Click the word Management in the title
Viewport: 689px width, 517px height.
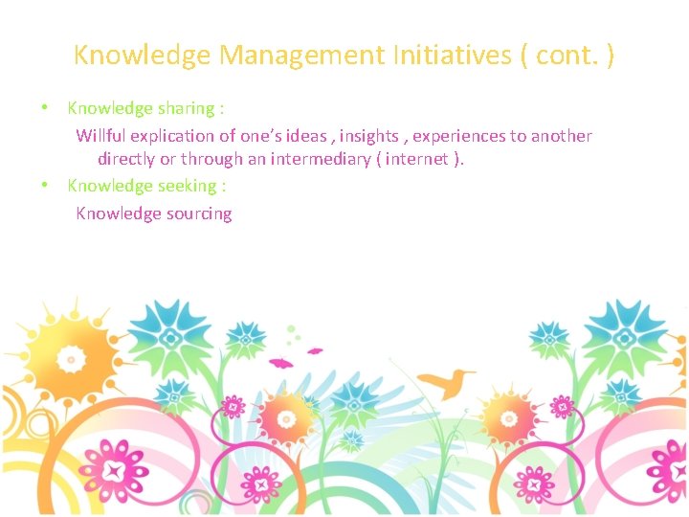click(301, 56)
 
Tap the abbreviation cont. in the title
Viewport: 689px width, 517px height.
click(565, 56)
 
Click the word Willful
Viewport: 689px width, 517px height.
click(100, 136)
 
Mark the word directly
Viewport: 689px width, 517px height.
click(128, 159)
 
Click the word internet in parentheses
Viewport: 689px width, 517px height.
click(419, 159)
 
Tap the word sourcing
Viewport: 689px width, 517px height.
click(199, 214)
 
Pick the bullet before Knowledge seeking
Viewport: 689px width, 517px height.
click(45, 186)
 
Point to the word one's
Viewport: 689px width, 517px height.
click(251, 136)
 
